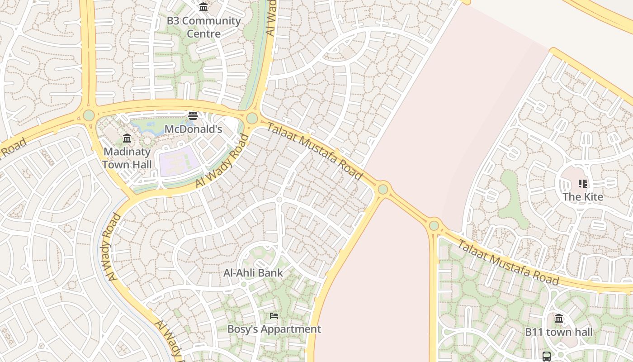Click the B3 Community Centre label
[x=203, y=27]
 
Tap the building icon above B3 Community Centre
[x=203, y=7]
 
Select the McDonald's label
[x=193, y=129]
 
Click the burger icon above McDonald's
[x=193, y=116]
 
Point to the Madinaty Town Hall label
[x=127, y=158]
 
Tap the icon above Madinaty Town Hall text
[x=127, y=138]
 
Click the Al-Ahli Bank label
[x=253, y=273]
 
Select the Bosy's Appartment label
[x=274, y=329]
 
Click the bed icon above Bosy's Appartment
[x=274, y=315]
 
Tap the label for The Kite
[x=583, y=197]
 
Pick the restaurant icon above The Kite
[x=583, y=184]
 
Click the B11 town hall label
[x=559, y=332]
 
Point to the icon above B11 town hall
[x=559, y=319]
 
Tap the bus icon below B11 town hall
[x=547, y=356]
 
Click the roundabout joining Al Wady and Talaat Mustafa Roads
[x=252, y=119]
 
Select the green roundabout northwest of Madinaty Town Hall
[x=89, y=115]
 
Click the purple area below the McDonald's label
[x=179, y=161]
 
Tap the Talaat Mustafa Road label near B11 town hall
[x=508, y=263]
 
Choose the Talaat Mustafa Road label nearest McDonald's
[x=315, y=151]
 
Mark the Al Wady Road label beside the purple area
[x=222, y=161]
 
